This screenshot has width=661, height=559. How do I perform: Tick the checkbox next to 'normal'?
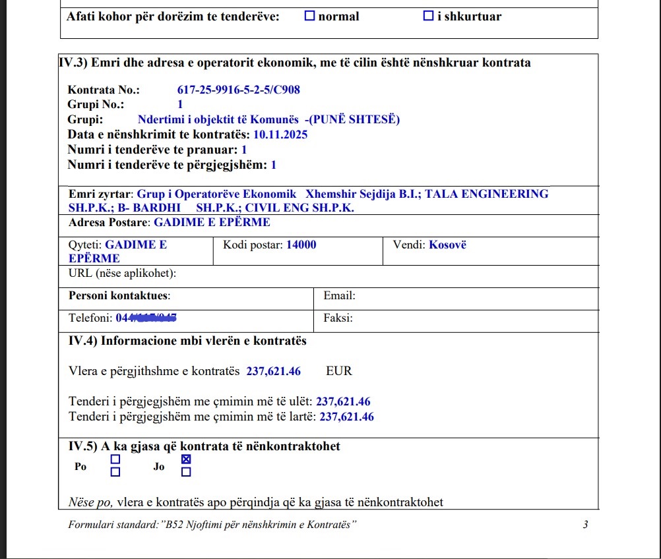[309, 16]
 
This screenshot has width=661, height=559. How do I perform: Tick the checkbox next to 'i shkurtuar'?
[428, 16]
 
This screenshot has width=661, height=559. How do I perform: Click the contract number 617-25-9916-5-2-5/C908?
[238, 90]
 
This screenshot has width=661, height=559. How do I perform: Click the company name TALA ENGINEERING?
[486, 194]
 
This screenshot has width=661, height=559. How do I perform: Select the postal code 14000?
[301, 245]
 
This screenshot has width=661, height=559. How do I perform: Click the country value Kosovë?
[447, 245]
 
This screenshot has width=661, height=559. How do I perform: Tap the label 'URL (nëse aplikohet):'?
[122, 274]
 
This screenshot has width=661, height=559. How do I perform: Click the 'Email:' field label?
[339, 296]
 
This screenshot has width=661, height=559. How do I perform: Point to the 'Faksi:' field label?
[338, 318]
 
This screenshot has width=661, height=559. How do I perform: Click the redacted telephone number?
[148, 318]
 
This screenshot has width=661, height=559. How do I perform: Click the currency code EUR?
[339, 371]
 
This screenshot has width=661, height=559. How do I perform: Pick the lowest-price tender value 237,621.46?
[343, 401]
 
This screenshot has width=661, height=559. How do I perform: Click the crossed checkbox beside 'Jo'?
[186, 459]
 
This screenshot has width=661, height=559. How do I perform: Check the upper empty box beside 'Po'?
[115, 459]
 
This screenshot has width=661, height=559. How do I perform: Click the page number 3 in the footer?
[585, 525]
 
